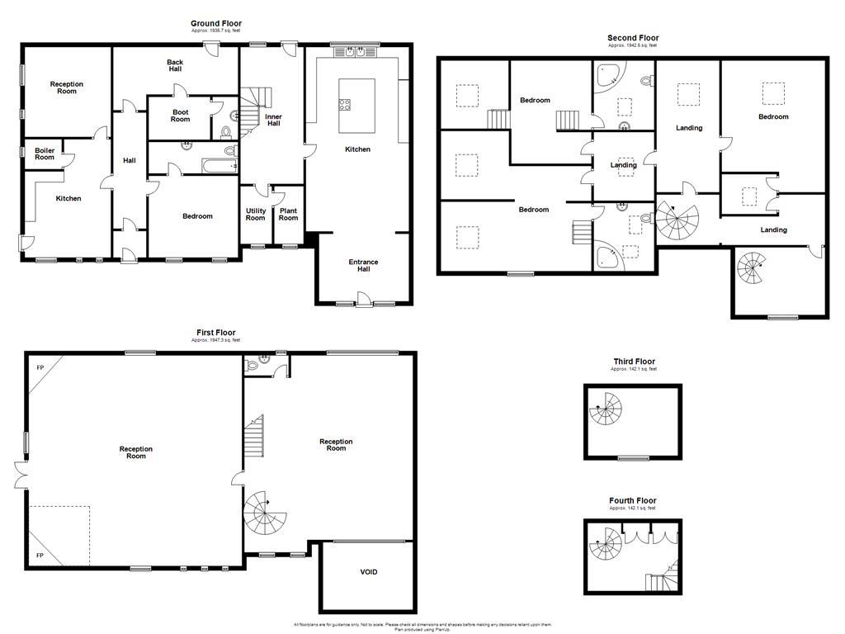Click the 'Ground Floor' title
tap(216, 24)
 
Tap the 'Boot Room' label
tap(181, 116)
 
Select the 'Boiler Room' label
tap(45, 154)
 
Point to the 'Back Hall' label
tap(175, 65)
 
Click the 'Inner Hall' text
tap(273, 120)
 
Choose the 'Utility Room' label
tap(256, 214)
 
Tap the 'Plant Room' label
tap(288, 214)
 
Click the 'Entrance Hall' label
tap(362, 266)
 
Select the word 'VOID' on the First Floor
tap(369, 571)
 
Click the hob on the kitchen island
tap(345, 104)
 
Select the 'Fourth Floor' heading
tap(633, 501)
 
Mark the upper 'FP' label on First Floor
tap(40, 367)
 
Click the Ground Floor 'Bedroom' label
tap(197, 216)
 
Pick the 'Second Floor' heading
tap(633, 38)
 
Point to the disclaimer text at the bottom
tap(422, 627)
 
